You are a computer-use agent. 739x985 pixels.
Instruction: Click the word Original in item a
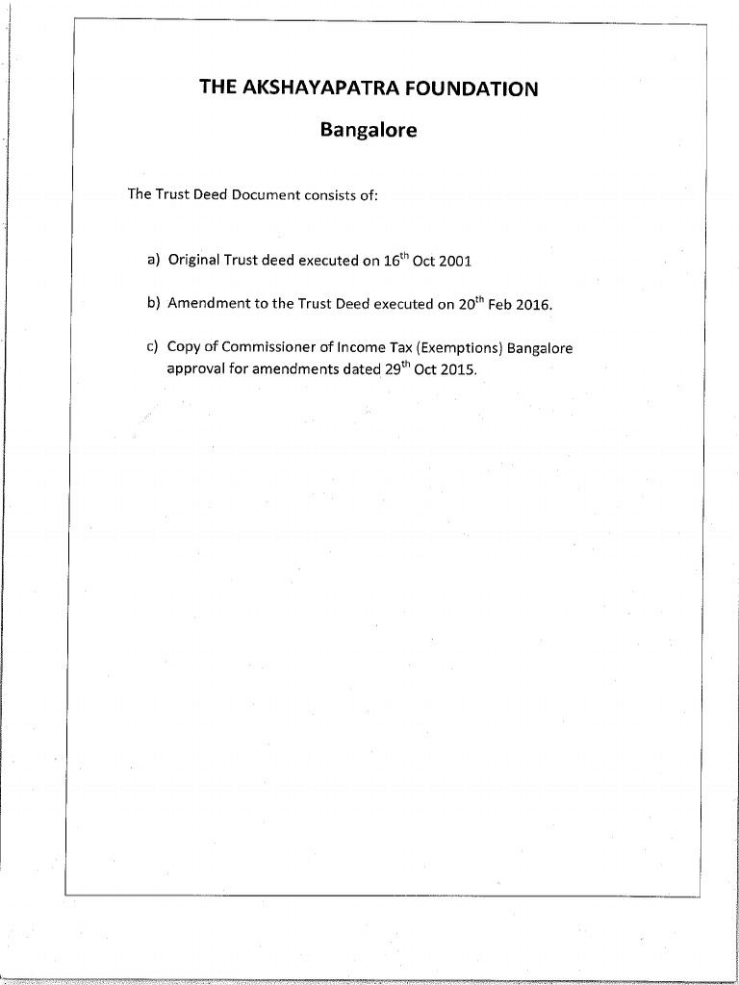tap(194, 260)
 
